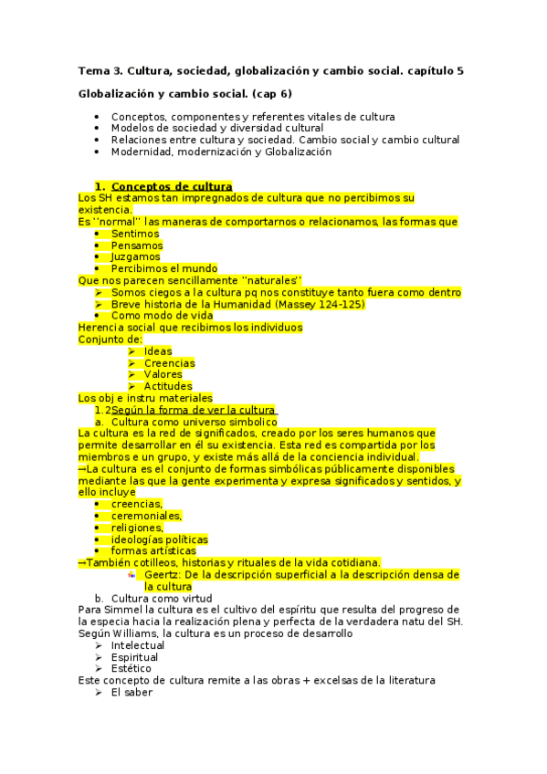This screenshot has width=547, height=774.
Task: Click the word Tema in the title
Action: [92, 70]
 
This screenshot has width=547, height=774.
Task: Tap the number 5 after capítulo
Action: [459, 70]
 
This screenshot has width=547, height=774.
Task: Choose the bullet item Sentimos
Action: [136, 234]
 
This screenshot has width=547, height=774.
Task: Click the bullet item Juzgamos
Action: [136, 257]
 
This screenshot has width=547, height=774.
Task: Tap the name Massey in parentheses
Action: [294, 304]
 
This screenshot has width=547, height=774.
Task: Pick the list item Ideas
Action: [157, 351]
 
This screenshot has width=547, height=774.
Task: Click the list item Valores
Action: [163, 374]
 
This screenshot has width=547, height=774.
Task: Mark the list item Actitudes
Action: [167, 386]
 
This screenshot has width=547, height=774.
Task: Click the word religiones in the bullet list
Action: [137, 528]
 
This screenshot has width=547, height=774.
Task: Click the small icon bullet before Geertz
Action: [132, 575]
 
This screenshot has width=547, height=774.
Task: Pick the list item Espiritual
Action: [136, 657]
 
